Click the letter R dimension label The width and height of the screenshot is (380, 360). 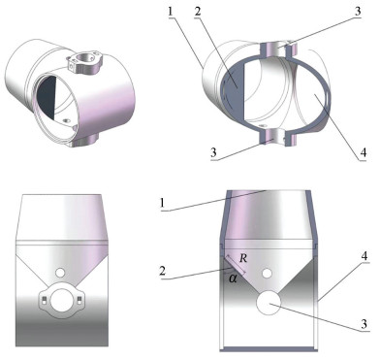click(243, 258)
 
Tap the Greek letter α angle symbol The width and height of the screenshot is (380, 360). click(233, 278)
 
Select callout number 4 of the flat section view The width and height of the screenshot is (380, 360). click(364, 256)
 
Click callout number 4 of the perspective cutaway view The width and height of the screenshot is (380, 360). click(364, 152)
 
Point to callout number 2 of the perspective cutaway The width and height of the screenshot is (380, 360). click(198, 12)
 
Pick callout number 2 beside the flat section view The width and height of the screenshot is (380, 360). click(163, 271)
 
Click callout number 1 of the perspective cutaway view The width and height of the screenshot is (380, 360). click(171, 12)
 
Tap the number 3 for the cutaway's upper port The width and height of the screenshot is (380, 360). click(358, 12)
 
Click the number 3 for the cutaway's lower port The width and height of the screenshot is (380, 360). click(213, 152)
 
